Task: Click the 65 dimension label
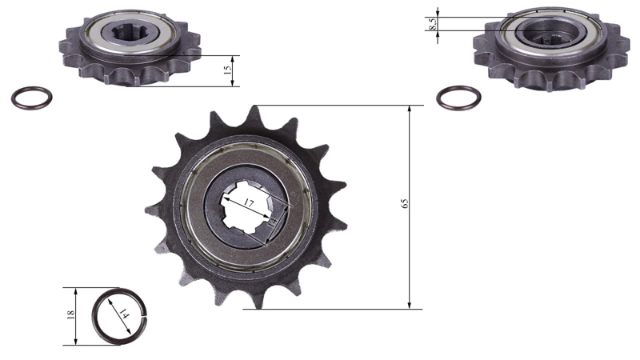[405, 204]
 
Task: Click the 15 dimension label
[227, 70]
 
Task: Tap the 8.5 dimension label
[433, 24]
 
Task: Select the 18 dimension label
[70, 314]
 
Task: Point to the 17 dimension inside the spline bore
[249, 202]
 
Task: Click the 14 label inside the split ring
[123, 314]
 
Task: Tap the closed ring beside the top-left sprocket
[31, 98]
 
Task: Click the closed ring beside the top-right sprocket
[458, 98]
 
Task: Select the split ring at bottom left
[94, 316]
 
